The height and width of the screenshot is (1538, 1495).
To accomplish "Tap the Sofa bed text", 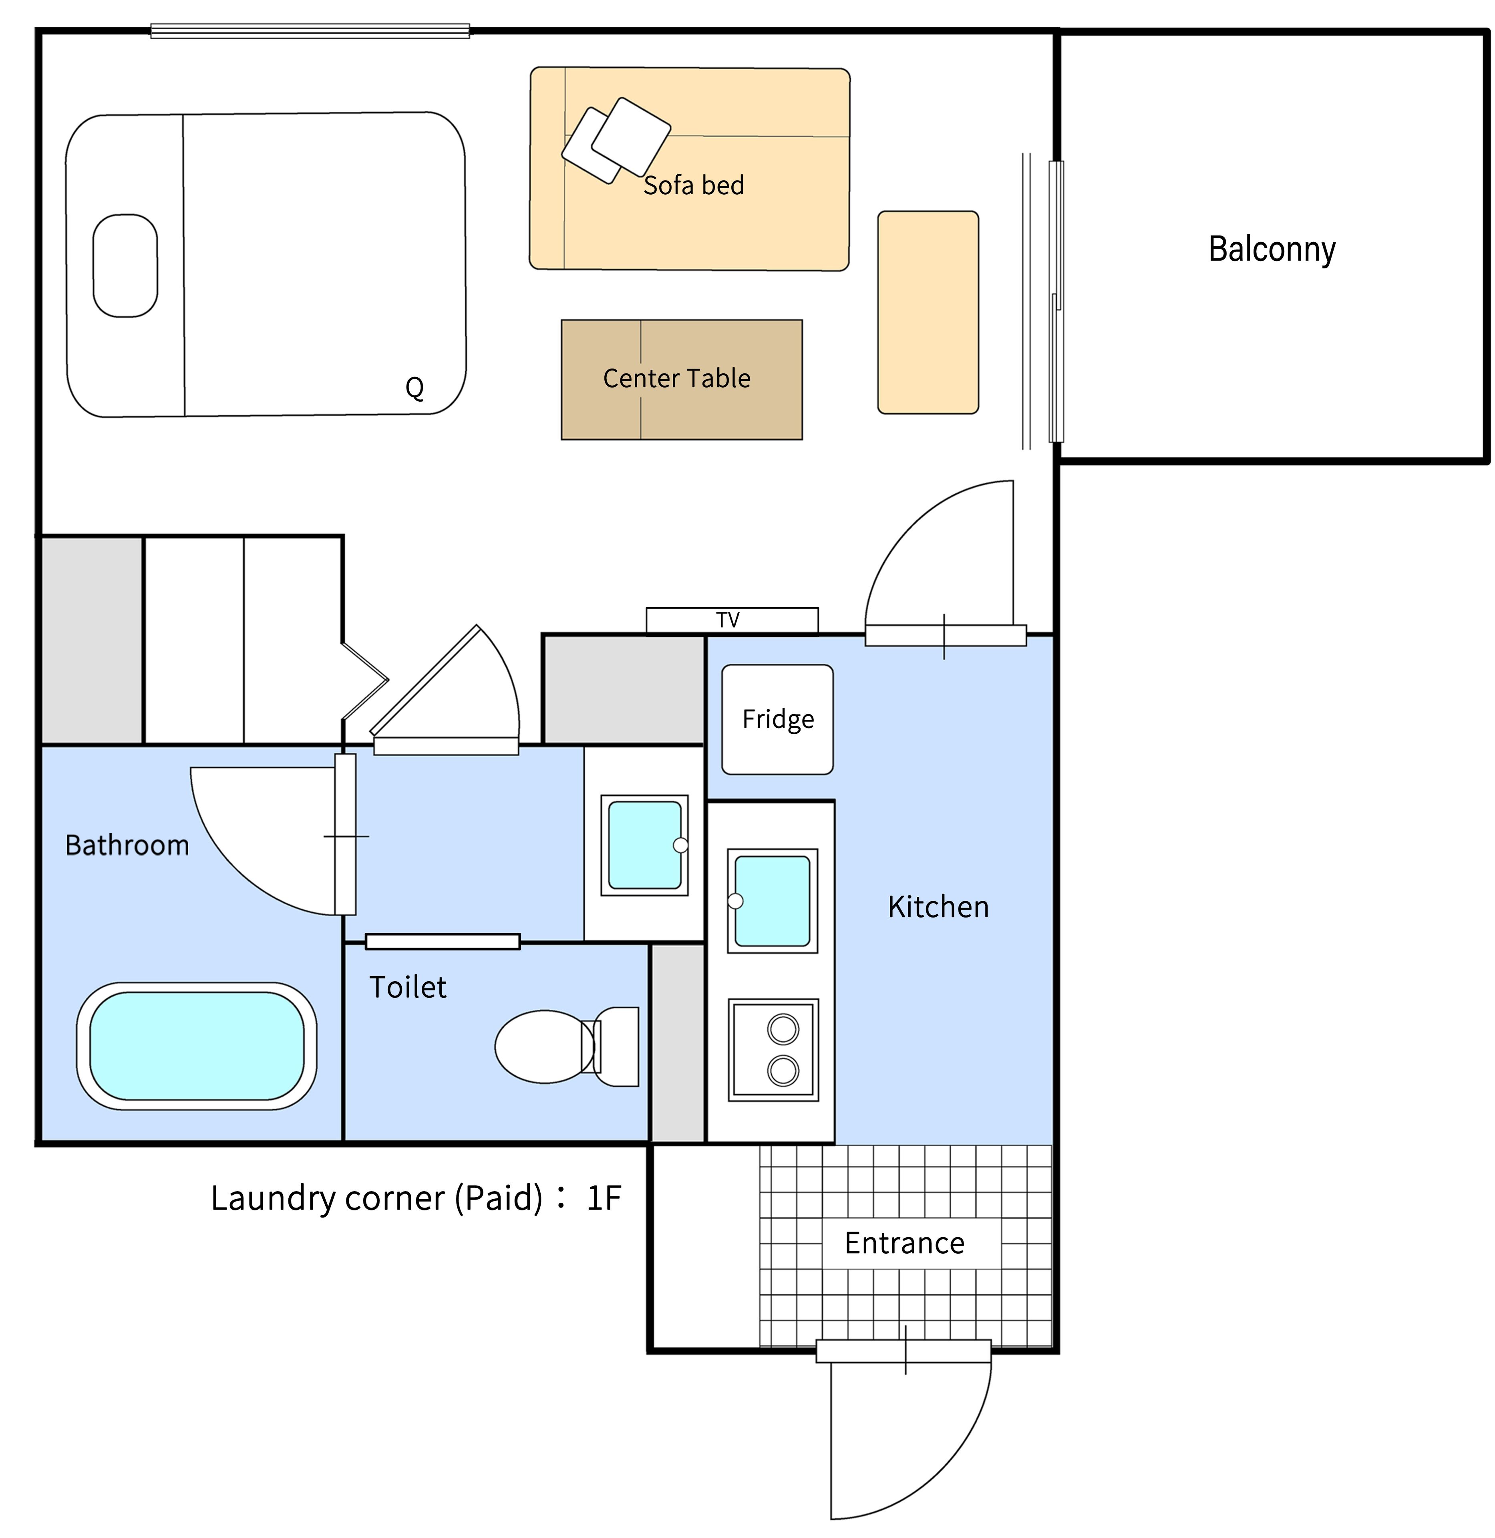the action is tap(693, 185).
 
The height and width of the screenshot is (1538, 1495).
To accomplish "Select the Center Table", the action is tap(682, 379).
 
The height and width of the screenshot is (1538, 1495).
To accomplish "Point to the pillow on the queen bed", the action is tap(126, 266).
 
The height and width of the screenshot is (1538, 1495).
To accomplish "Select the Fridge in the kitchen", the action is tap(777, 719).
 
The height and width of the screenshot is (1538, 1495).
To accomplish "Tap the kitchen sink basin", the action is tap(773, 900).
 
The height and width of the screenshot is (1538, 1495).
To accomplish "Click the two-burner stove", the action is tap(773, 1050).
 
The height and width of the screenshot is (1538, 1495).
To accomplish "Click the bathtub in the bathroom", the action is tap(196, 1046).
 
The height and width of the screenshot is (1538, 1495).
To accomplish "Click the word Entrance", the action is tap(905, 1244).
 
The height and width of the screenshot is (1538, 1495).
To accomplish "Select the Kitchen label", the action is tap(938, 907).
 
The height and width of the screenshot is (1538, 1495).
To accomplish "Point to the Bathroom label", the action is tap(127, 845).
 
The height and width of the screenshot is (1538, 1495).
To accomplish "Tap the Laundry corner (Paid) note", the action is tap(416, 1198).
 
